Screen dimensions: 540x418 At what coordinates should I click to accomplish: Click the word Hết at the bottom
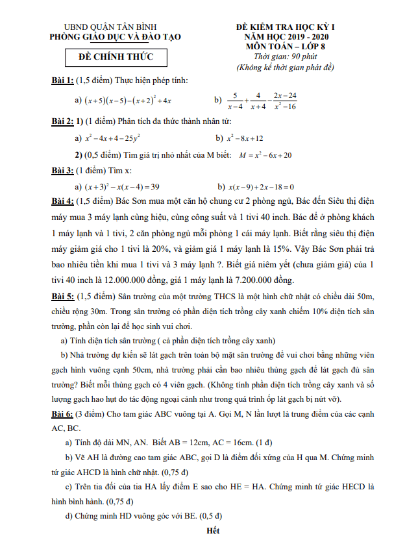[212, 530]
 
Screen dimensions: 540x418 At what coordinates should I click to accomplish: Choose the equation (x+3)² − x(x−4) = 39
[123, 186]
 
